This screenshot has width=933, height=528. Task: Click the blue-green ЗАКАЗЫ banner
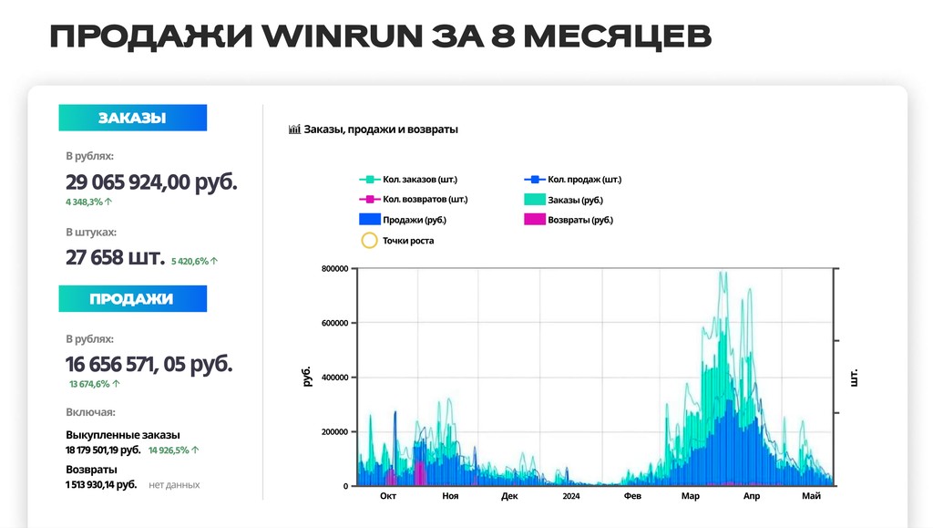click(x=133, y=118)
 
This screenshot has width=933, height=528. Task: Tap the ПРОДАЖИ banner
click(x=133, y=298)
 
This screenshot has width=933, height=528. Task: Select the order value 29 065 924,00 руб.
click(x=151, y=181)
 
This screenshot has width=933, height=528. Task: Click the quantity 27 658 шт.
click(x=115, y=257)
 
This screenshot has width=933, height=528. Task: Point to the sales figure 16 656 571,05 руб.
click(x=149, y=364)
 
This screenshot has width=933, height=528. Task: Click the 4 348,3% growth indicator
click(x=88, y=202)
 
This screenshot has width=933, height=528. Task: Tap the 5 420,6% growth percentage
click(x=195, y=261)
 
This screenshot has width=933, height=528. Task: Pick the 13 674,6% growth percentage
click(x=95, y=384)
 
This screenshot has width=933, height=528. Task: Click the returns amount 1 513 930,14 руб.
click(x=101, y=484)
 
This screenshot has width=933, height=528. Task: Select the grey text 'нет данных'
click(x=174, y=484)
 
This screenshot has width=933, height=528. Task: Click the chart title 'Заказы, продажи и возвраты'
click(x=381, y=129)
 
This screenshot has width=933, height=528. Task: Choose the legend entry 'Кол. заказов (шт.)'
click(x=420, y=179)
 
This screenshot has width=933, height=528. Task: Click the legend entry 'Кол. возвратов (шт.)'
click(x=425, y=200)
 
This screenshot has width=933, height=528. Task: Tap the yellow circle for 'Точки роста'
click(x=370, y=241)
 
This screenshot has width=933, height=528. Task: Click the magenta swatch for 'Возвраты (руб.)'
click(x=534, y=220)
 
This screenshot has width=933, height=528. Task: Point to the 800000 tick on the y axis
click(x=335, y=268)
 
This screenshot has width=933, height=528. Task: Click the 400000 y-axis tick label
click(x=335, y=378)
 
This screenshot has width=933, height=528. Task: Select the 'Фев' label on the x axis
click(x=632, y=496)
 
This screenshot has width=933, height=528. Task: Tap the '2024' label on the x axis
click(x=571, y=496)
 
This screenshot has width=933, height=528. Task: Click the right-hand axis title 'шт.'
click(x=854, y=378)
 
